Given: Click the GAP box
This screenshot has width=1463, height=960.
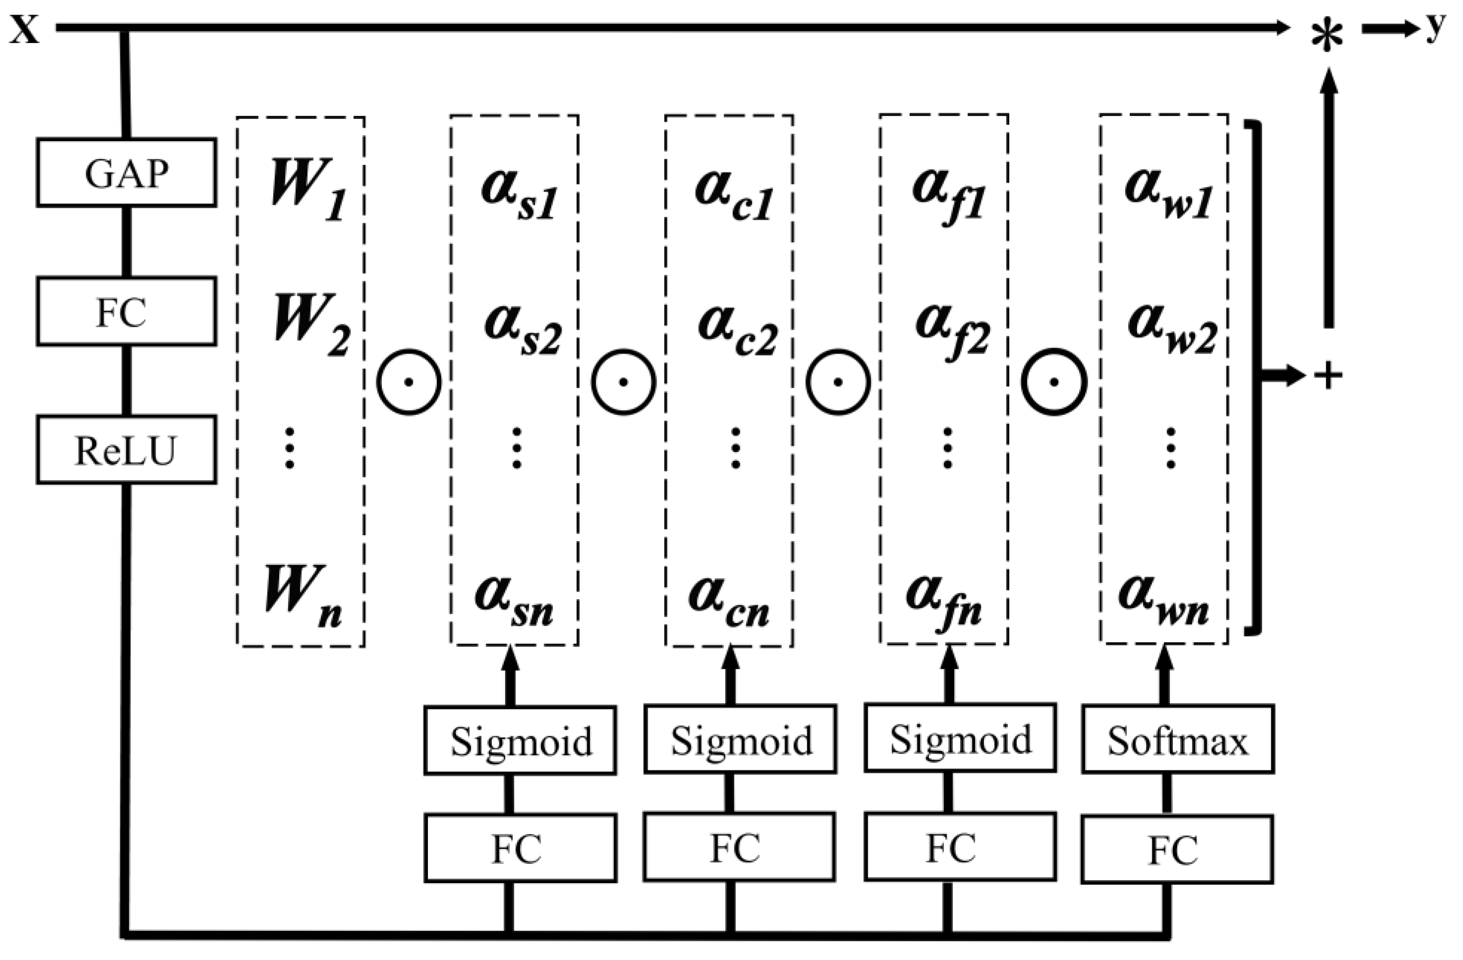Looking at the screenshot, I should pyautogui.click(x=126, y=173).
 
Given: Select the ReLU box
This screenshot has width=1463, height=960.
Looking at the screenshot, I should pyautogui.click(x=126, y=450).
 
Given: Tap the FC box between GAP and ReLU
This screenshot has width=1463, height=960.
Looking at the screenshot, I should pyautogui.click(x=126, y=311).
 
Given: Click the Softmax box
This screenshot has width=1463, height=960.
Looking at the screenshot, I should pyautogui.click(x=1178, y=740).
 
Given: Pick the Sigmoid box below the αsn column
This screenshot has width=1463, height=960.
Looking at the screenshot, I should pyautogui.click(x=520, y=740).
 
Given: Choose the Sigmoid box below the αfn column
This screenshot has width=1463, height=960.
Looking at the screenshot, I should pyautogui.click(x=960, y=739).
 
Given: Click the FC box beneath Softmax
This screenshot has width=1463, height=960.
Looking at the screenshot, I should pyautogui.click(x=1177, y=850).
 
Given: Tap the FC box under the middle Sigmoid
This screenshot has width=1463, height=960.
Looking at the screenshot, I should pyautogui.click(x=740, y=848).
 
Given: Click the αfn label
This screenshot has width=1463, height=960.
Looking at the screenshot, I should pyautogui.click(x=943, y=599).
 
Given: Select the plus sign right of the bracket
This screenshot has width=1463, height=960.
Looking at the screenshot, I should pyautogui.click(x=1328, y=375).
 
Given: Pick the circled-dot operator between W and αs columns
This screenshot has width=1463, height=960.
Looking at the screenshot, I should pyautogui.click(x=409, y=382).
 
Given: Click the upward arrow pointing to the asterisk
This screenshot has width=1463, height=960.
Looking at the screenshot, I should pyautogui.click(x=1329, y=197).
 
